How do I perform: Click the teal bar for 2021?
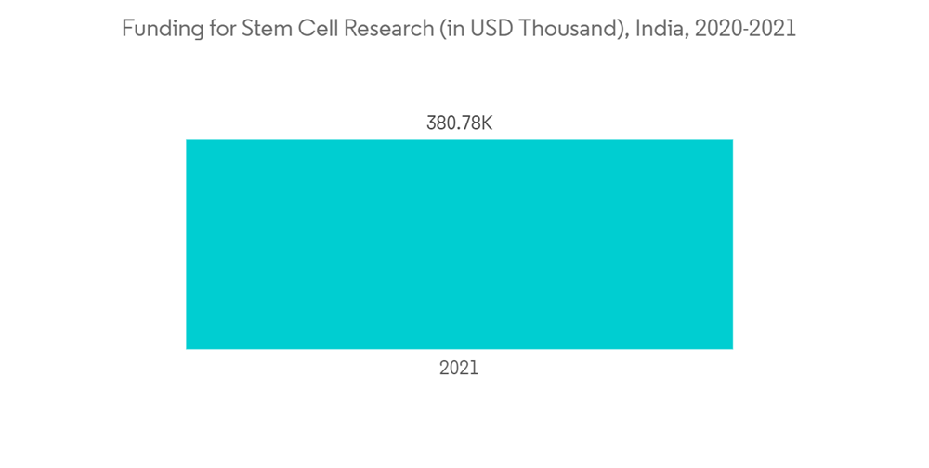click(459, 244)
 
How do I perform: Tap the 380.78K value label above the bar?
click(459, 123)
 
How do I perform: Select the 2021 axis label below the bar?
click(459, 369)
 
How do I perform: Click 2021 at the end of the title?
click(774, 29)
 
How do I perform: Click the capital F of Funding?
click(128, 29)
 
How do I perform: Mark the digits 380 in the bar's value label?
click(441, 123)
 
